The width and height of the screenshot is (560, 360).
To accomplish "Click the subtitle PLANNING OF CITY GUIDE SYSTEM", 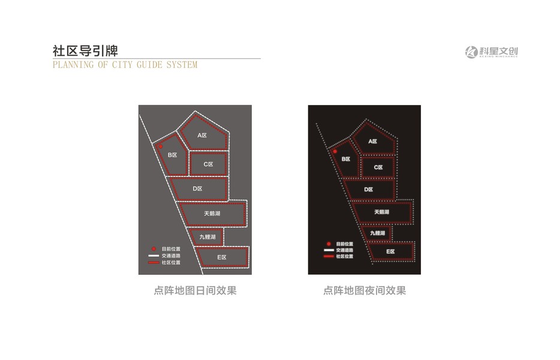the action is [125, 65].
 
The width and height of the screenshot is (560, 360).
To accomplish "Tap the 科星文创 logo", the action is [491, 52].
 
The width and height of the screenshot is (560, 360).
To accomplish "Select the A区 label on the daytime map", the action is [202, 136].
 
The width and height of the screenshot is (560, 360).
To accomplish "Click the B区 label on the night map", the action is [345, 159].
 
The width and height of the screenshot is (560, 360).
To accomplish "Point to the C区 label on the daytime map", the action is [207, 164].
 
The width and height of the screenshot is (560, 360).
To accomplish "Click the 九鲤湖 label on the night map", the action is [377, 233].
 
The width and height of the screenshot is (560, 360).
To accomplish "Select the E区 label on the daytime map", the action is [221, 257].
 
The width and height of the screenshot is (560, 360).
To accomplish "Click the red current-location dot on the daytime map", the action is [160, 146].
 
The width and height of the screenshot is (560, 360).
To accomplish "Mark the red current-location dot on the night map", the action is [335, 152].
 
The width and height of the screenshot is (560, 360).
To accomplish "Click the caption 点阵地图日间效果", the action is [195, 291].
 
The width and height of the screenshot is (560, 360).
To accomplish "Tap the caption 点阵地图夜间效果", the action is [365, 291].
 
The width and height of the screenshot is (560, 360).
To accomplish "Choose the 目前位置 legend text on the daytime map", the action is [171, 248].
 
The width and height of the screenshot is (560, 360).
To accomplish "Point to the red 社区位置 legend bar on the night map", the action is [328, 256].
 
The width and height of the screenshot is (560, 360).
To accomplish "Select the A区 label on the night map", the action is [373, 142].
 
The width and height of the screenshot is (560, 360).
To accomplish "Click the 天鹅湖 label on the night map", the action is [381, 212].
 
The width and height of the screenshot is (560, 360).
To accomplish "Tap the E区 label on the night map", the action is [390, 251].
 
